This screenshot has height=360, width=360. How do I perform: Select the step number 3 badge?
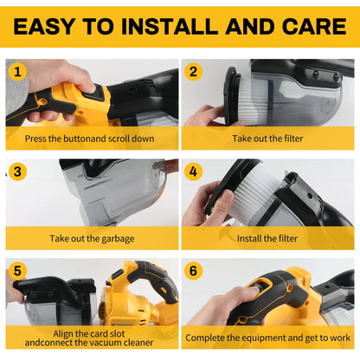(x=18, y=172)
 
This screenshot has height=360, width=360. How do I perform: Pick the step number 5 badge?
(x=18, y=271)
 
